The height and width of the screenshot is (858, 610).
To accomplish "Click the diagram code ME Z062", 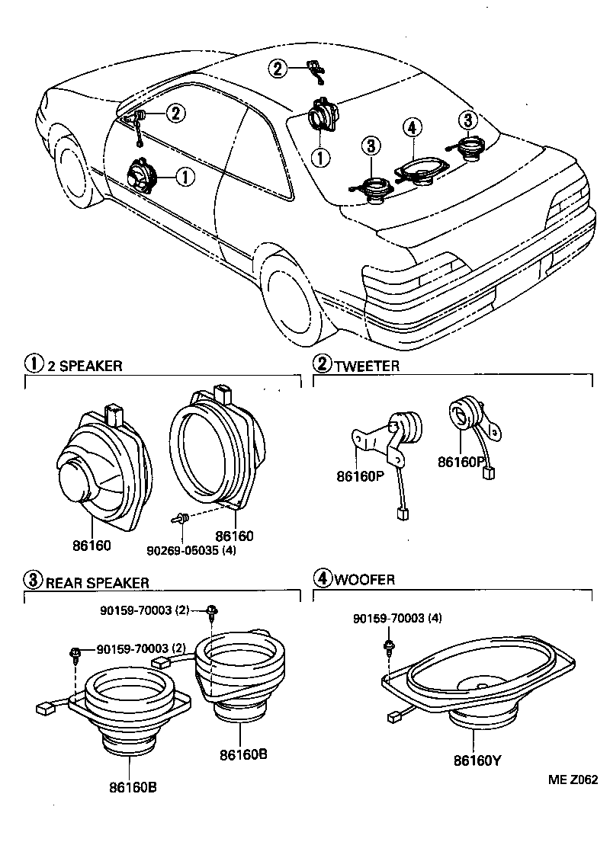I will [572, 780].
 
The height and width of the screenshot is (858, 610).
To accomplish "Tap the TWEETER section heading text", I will [367, 366].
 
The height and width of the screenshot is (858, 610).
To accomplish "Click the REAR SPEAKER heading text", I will [98, 583].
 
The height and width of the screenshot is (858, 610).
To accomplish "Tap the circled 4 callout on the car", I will [411, 128].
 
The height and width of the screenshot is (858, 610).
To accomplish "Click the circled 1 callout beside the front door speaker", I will [185, 178].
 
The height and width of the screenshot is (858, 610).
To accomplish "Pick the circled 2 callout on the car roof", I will [278, 69].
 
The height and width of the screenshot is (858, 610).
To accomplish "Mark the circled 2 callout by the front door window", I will [175, 114].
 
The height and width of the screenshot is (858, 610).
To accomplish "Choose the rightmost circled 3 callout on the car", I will [467, 119].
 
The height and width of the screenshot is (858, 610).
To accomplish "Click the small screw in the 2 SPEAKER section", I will [180, 519].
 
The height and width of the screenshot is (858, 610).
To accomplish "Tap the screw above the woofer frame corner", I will [388, 647].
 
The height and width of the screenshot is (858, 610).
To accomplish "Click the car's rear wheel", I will [294, 293].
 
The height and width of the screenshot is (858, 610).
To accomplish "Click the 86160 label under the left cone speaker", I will [92, 546].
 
